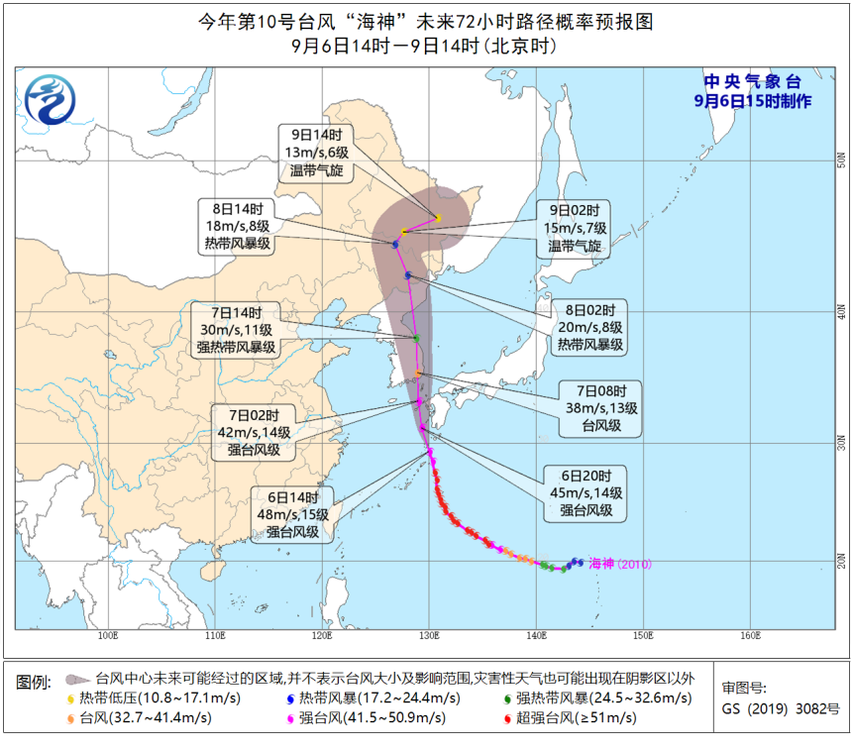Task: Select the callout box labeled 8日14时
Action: (237, 227)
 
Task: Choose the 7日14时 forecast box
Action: (237, 330)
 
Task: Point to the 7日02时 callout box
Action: (253, 432)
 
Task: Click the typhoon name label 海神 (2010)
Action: (618, 564)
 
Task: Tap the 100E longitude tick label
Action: (108, 634)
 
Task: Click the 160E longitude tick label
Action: (749, 634)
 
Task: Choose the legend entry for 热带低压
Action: (149, 698)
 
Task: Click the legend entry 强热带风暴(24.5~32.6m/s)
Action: (604, 698)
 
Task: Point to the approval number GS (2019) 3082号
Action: (781, 708)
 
